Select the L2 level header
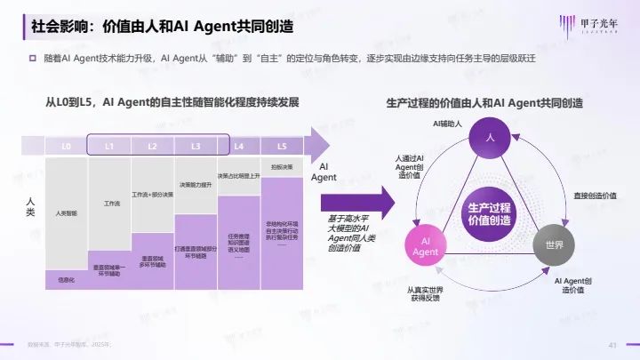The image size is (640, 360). [153, 145]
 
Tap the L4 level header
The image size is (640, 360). [239, 145]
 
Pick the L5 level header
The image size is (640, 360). [282, 145]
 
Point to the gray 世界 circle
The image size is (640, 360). [554, 244]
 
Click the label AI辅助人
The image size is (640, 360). [449, 121]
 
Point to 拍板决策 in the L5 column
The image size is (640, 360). [282, 166]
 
